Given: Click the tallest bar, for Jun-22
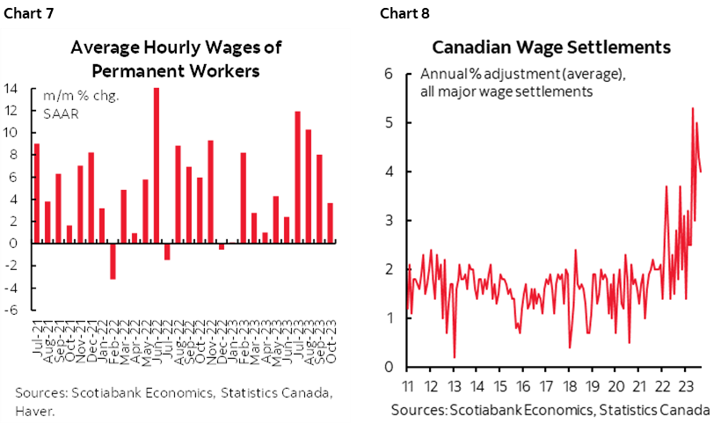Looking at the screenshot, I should click(x=157, y=165).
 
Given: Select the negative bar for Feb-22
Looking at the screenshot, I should click(x=113, y=260).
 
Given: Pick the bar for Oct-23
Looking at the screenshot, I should click(x=331, y=223).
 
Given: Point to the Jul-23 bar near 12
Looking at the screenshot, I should click(x=298, y=177).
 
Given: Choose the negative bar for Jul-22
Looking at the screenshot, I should click(x=167, y=251).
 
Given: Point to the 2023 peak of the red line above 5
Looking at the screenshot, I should click(x=693, y=109).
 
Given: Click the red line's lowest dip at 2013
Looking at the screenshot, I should click(x=455, y=356).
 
